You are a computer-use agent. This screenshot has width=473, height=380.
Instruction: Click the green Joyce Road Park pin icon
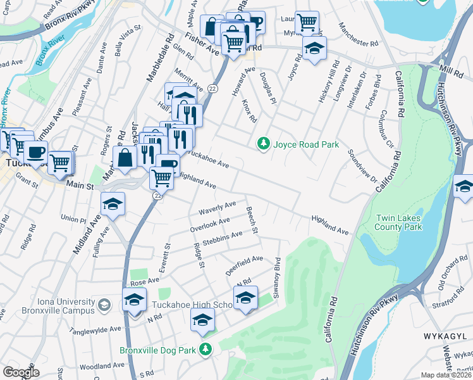[x=264, y=144]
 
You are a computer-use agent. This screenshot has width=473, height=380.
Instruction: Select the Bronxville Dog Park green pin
[x=205, y=349]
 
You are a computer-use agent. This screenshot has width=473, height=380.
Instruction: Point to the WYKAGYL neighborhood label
[x=441, y=333]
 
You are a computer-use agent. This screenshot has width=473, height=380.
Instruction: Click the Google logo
[x=21, y=372]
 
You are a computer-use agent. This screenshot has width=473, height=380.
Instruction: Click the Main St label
[x=80, y=186]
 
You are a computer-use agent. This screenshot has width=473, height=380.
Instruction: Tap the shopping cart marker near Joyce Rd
[x=307, y=22]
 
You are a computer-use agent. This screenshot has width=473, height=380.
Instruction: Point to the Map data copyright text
[x=446, y=375]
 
